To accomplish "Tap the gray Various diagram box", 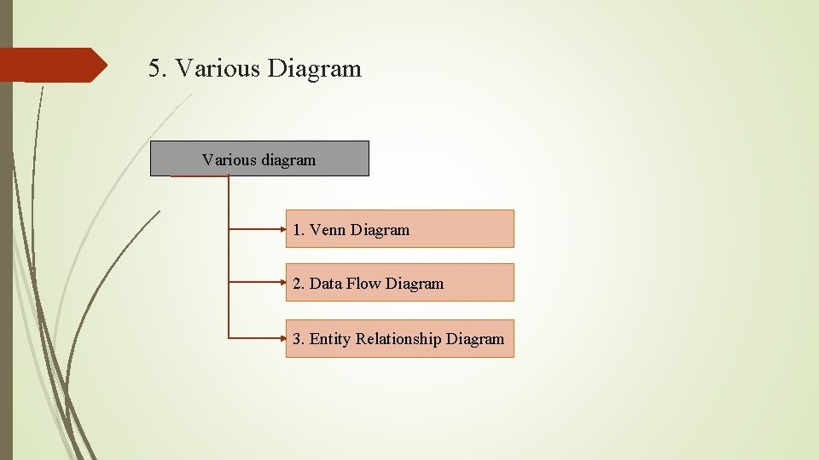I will coord(259,158).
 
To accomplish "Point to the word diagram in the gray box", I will coord(288,160).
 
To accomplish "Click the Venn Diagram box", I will coord(399,229).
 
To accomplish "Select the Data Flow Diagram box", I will coord(399,283).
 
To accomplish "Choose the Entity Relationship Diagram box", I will coord(399,338).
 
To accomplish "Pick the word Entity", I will coord(330,339).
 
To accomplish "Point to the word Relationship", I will coord(398,339).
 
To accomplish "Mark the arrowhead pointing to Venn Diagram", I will coord(282,229).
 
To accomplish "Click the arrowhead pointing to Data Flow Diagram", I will coord(282,283).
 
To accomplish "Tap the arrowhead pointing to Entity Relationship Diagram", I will coord(282,338).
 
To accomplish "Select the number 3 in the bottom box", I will coord(297,339).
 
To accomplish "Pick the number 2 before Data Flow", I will coord(297,284).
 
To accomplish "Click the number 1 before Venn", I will coord(297,230).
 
